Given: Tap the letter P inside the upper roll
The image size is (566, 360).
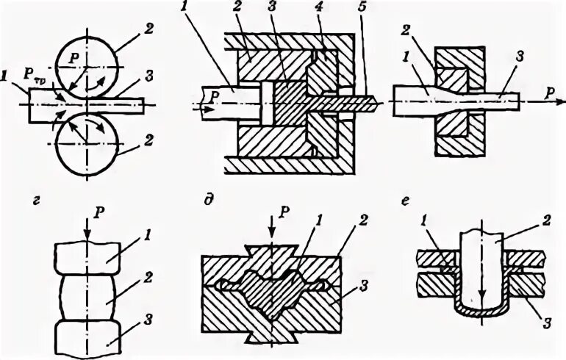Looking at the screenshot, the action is pos(72,57).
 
